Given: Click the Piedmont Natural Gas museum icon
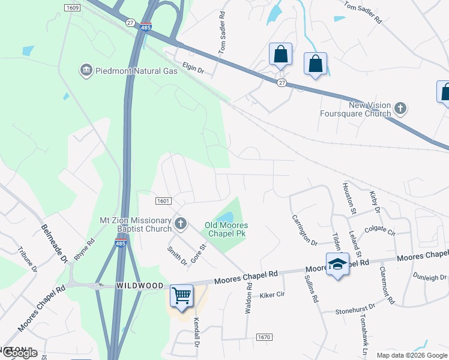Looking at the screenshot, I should (86, 71).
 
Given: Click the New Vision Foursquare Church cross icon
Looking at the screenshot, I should (400, 109).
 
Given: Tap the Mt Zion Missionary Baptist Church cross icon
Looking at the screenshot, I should (181, 224).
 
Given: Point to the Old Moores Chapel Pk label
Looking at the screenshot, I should (226, 229).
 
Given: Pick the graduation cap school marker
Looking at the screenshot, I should (338, 265).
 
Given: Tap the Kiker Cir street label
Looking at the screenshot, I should (271, 295).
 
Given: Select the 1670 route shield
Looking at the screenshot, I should (264, 338).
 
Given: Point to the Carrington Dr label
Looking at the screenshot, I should (304, 230).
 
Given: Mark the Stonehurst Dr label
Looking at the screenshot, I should (354, 308).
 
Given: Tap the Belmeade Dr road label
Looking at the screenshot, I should (54, 243).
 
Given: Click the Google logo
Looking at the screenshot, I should (19, 353).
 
